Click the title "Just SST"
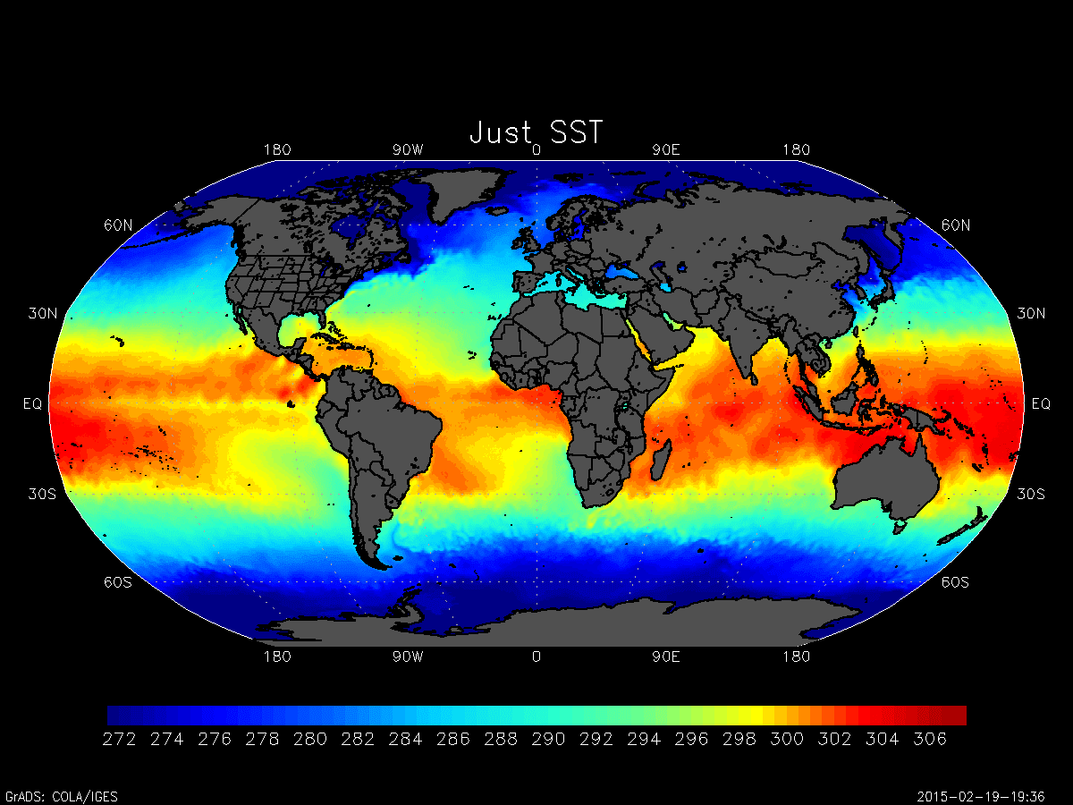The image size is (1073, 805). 536,132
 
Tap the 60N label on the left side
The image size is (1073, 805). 118,225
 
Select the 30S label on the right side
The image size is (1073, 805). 1032,495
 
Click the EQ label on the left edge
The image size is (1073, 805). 32,404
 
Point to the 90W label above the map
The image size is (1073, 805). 407,149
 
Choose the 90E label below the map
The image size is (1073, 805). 666,657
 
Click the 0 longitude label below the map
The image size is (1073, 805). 536,657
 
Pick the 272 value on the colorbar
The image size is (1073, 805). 120,740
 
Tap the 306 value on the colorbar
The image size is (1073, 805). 929,740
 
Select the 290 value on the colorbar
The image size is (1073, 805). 548,740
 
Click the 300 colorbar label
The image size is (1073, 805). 786,740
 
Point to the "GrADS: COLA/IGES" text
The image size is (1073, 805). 62,796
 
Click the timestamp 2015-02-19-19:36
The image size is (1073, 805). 992,796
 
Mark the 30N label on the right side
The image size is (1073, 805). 1032,314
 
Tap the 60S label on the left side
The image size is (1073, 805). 118,582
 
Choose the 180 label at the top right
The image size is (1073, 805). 796,149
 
